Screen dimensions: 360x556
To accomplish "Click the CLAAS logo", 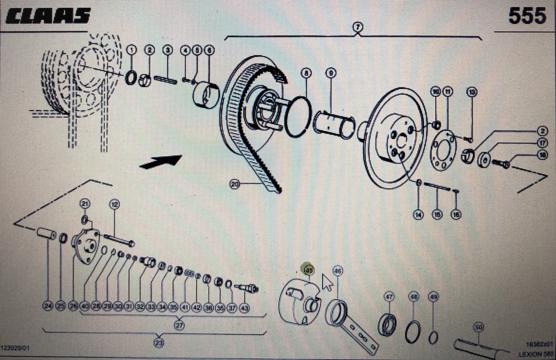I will pyautogui.click(x=48, y=16).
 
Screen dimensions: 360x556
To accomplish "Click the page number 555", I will pyautogui.click(x=527, y=16).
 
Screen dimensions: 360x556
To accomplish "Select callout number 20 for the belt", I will pyautogui.click(x=235, y=184).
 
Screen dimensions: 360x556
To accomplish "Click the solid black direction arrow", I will pyautogui.click(x=161, y=161).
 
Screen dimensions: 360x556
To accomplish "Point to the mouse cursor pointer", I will pyautogui.click(x=327, y=283).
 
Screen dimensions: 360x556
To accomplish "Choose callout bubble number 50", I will pyautogui.click(x=479, y=327).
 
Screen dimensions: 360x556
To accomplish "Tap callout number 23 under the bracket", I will pyautogui.click(x=159, y=342).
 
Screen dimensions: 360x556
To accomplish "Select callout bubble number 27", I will pyautogui.click(x=179, y=325).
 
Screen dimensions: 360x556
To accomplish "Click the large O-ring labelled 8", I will pyautogui.click(x=298, y=117).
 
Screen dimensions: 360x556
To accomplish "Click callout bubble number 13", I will pyautogui.click(x=472, y=92).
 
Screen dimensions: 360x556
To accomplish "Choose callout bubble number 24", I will pyautogui.click(x=47, y=306).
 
